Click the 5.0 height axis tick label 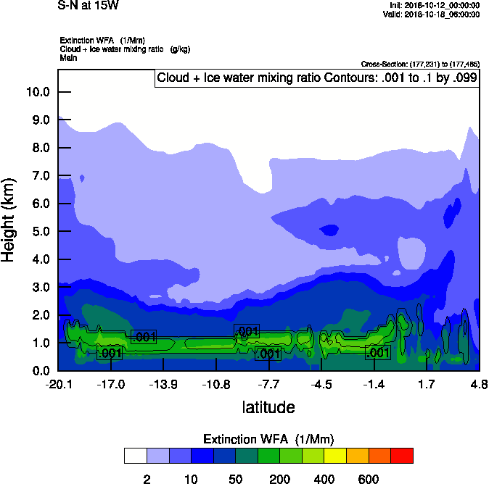click(x=38, y=231)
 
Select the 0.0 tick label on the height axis click(x=38, y=371)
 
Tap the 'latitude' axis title click(x=268, y=407)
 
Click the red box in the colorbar click(x=402, y=456)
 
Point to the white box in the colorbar click(x=135, y=456)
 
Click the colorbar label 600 click(x=369, y=479)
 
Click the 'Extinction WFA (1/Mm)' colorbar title click(x=268, y=439)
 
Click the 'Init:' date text click(x=435, y=5)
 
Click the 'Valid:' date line click(x=431, y=14)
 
